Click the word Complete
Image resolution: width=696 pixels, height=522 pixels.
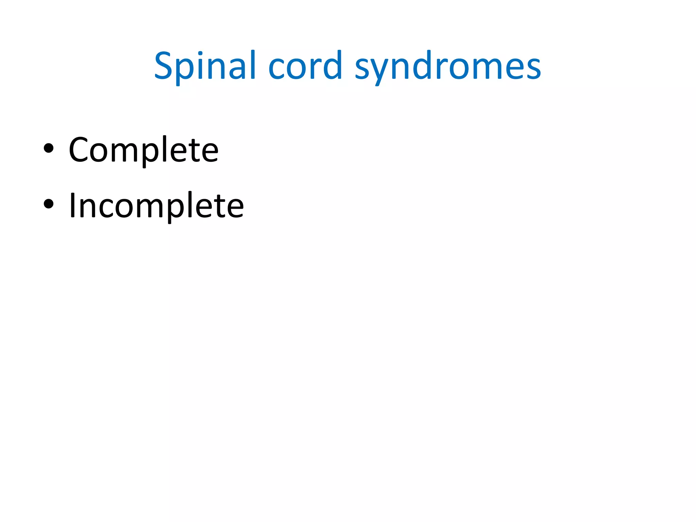point(143,150)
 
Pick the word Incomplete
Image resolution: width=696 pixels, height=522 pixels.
point(156,205)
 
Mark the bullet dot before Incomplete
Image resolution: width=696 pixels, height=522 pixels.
point(49,204)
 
